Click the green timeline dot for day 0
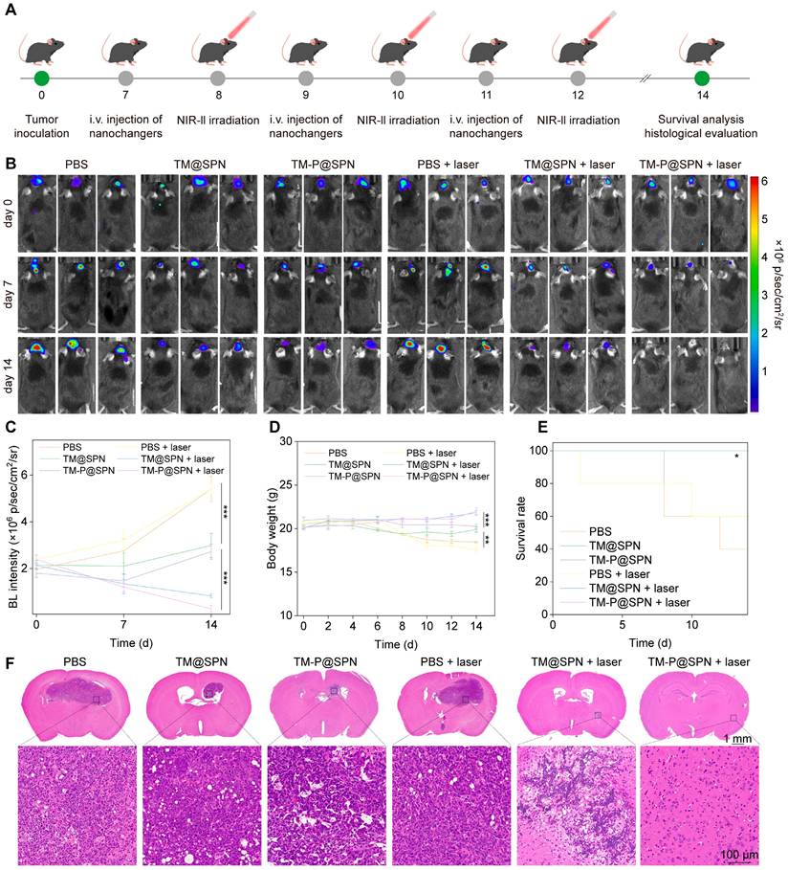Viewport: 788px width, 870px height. coord(40,78)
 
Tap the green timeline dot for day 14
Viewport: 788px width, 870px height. coord(703,78)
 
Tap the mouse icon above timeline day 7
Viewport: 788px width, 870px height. coord(124,48)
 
